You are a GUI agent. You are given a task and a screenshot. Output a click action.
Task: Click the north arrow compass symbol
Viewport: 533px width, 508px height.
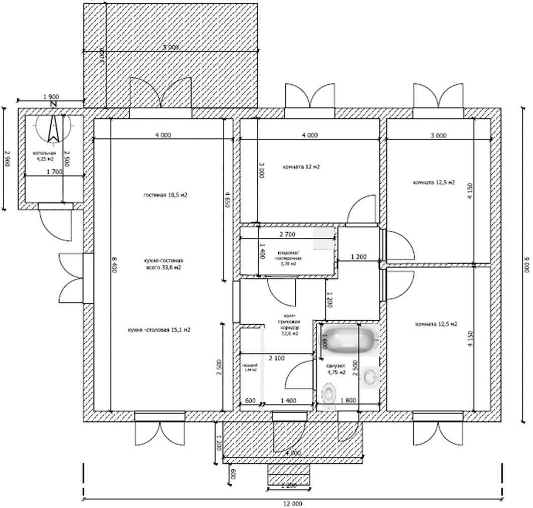[x=53, y=128]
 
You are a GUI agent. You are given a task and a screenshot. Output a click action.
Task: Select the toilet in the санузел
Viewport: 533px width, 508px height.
[x=328, y=394]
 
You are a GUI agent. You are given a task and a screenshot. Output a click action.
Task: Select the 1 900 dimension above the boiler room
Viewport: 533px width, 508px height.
[x=52, y=96]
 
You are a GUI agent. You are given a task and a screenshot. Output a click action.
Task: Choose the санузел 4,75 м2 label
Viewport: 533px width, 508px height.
[x=336, y=369]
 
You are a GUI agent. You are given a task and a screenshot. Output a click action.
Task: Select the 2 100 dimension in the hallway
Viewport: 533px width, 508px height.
[x=277, y=358]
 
